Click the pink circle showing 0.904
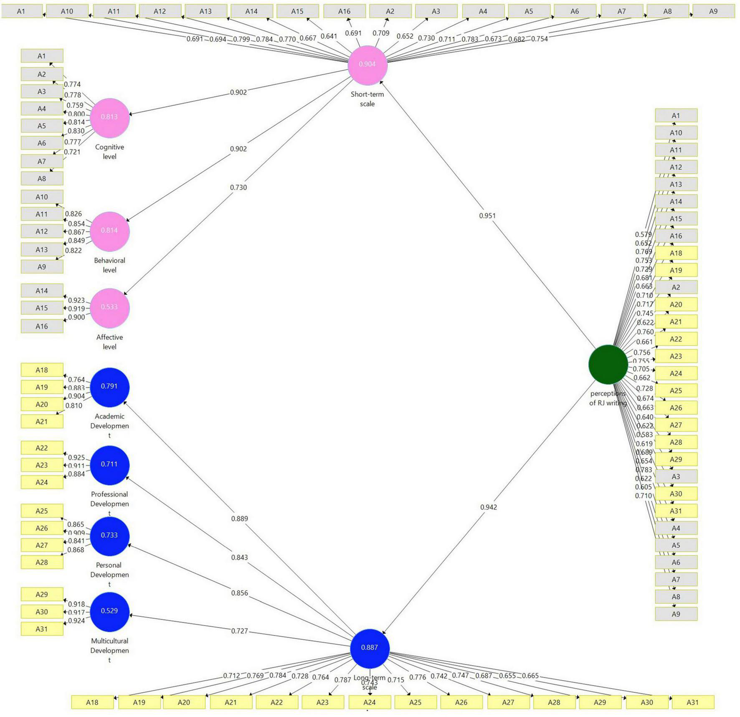[367, 64]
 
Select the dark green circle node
[608, 364]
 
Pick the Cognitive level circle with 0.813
[109, 117]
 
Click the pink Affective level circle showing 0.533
[109, 307]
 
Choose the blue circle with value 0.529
[109, 611]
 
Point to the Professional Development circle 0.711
[109, 464]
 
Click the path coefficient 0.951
[487, 216]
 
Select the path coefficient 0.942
[488, 507]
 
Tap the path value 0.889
[239, 519]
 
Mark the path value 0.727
[239, 631]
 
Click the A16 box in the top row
[344, 11]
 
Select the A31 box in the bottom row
[692, 702]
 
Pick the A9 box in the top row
[713, 11]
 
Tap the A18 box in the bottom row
[92, 702]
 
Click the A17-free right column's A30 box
[676, 494]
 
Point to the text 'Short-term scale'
[367, 99]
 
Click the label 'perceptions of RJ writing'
[608, 398]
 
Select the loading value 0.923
[76, 300]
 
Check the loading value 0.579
[643, 235]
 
